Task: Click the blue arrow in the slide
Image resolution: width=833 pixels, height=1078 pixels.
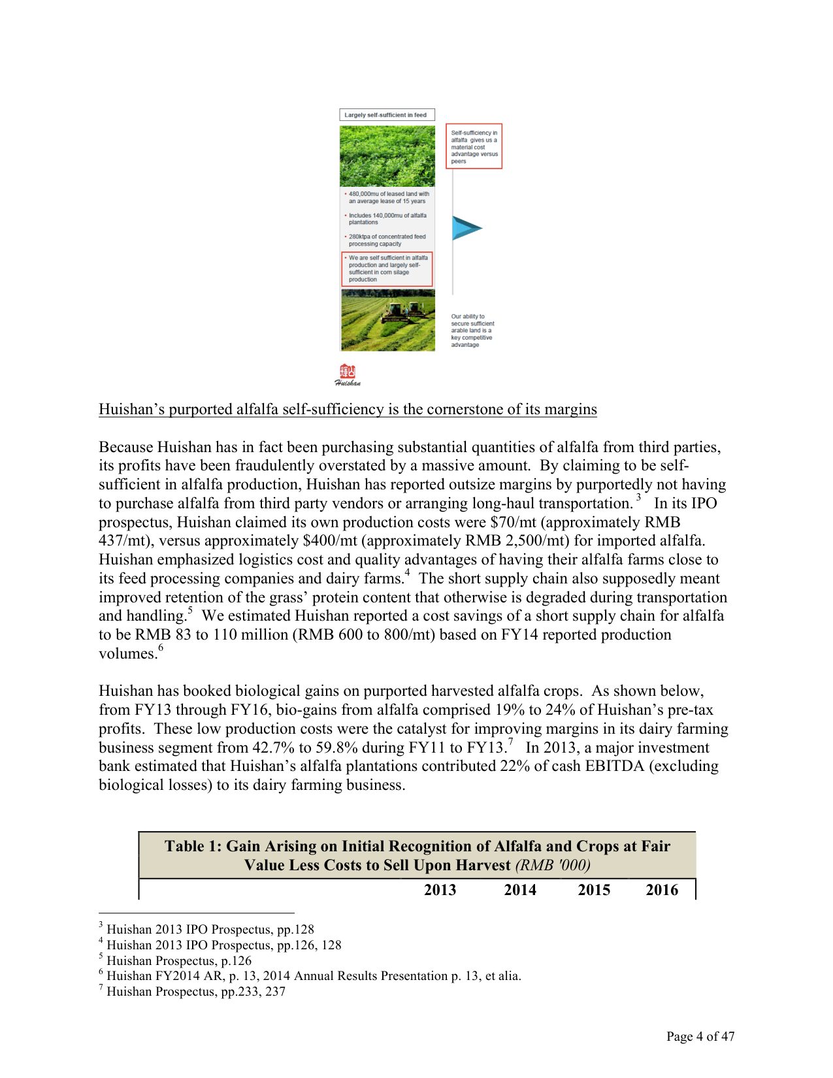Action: [x=465, y=228]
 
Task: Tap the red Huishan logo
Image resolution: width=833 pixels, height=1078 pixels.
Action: [x=348, y=374]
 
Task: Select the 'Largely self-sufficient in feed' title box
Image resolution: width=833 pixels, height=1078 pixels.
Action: [x=387, y=115]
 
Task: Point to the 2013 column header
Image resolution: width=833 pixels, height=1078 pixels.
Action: [x=440, y=890]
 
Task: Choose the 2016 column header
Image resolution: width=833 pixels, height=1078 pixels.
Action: [x=661, y=890]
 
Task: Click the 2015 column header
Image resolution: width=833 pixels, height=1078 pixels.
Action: [x=593, y=890]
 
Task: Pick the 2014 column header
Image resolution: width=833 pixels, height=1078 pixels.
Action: [x=519, y=890]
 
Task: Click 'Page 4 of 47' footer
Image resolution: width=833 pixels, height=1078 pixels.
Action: [x=700, y=1036]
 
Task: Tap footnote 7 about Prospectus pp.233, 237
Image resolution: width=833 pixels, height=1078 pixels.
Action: [x=195, y=992]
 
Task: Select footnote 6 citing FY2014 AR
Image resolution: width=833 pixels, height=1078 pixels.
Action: [x=314, y=976]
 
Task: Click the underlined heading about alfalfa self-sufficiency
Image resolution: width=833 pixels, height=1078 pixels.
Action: [x=348, y=410]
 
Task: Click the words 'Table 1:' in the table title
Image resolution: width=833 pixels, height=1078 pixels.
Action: [x=193, y=847]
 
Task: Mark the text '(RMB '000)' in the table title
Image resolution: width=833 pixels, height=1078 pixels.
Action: [x=553, y=866]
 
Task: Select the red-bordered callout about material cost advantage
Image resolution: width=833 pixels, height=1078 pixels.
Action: [x=474, y=146]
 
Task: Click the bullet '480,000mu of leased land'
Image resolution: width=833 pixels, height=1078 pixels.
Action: [x=388, y=197]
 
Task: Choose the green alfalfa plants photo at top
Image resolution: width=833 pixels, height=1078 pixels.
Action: [x=387, y=156]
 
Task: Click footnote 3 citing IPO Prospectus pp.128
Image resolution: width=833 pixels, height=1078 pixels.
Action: [x=210, y=930]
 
